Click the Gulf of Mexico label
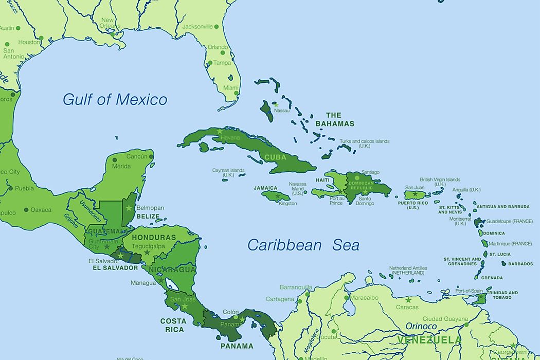pos(115,99)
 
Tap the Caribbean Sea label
pos(303,245)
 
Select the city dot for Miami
pos(237,94)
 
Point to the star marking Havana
pos(220,132)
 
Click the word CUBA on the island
pos(275,157)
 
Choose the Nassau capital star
pos(276,104)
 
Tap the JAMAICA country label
pos(265,188)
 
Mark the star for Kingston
pos(278,196)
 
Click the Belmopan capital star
pos(129,208)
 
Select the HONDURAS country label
pos(154,238)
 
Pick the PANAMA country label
pos(237,346)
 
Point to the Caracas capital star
pos(408,300)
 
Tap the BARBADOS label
pos(520,264)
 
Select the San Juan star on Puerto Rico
pos(415,194)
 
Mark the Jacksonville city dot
pos(217,26)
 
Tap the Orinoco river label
pos(421,326)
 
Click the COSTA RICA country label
pos(173,325)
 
